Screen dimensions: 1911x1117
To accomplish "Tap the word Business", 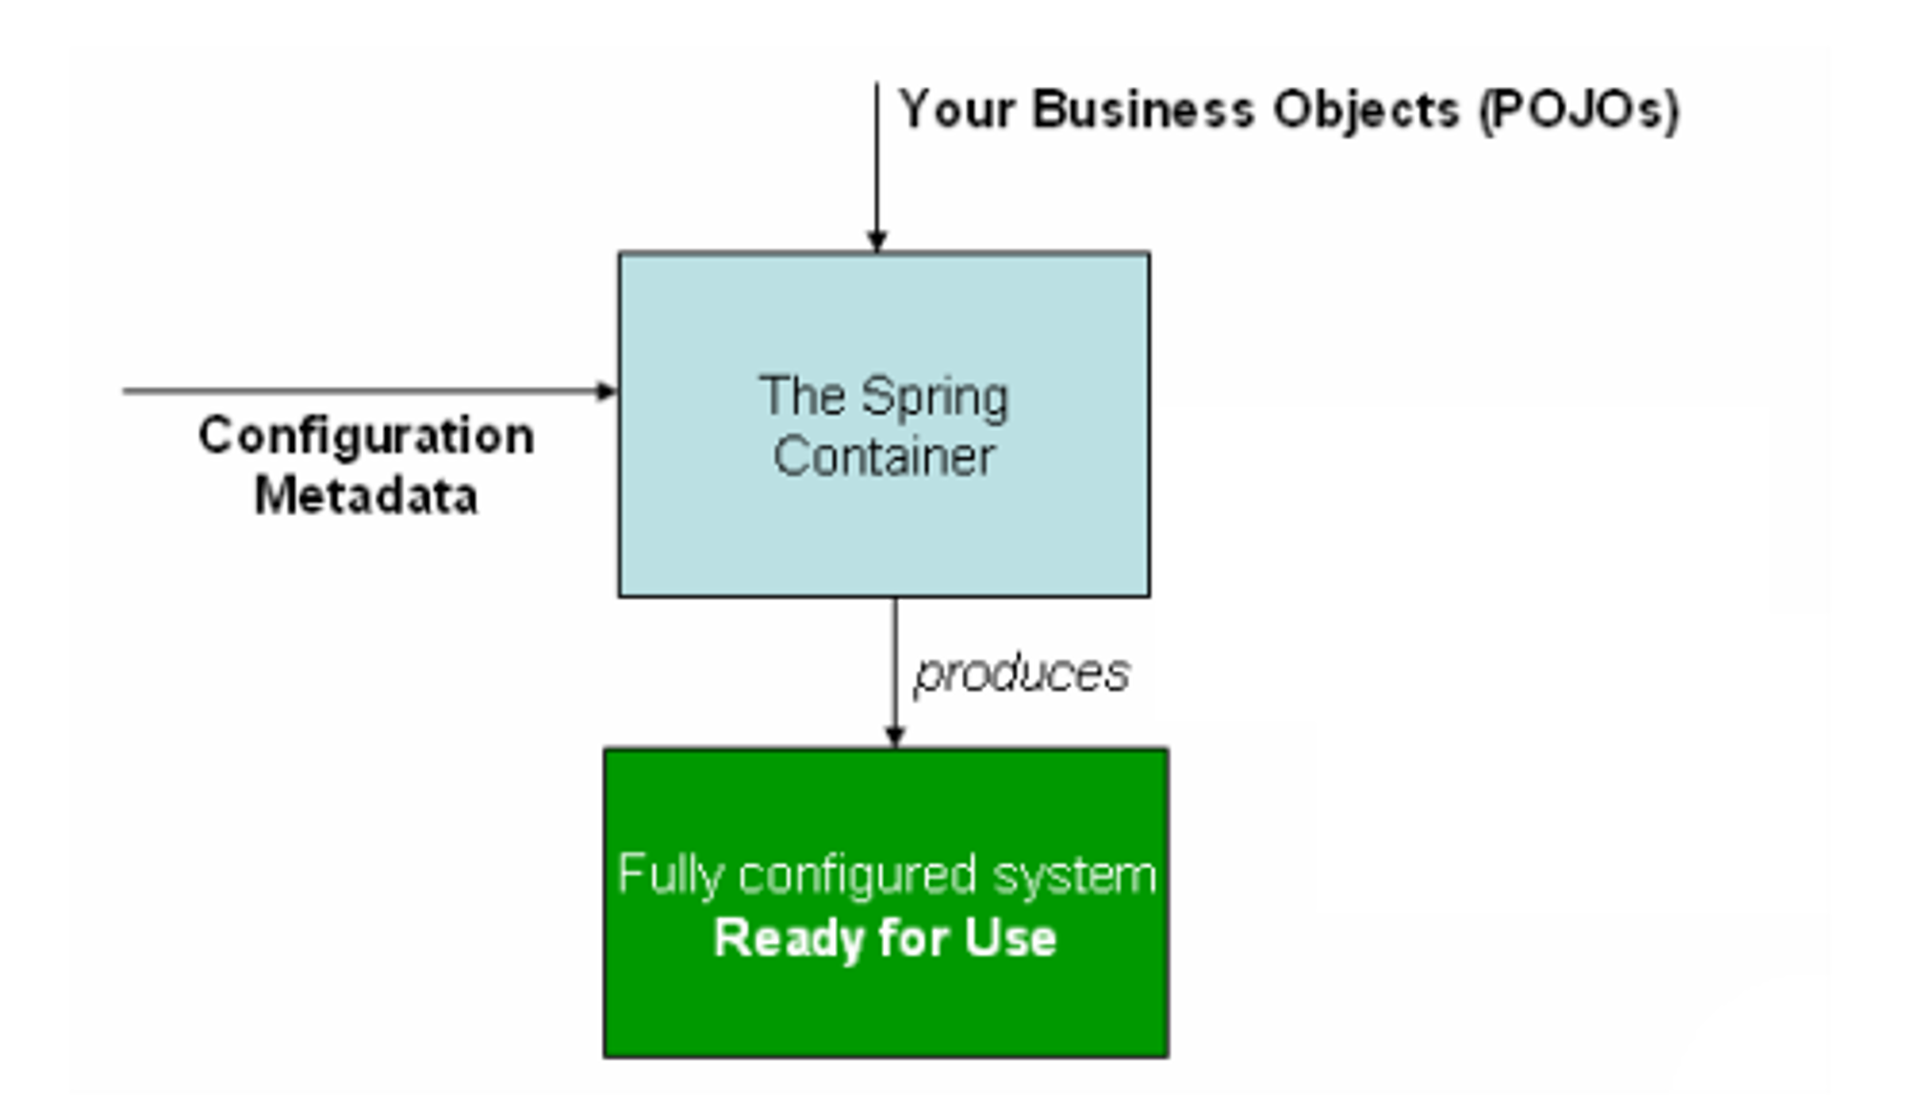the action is click(x=1143, y=109).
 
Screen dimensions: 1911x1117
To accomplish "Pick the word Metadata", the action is click(x=366, y=496).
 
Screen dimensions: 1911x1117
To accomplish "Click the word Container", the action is click(x=884, y=457).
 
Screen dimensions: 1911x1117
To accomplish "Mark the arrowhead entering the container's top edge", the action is click(x=877, y=241).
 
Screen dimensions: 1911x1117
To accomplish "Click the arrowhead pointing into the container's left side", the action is click(x=607, y=391).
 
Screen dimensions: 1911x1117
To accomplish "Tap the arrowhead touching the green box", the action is click(x=894, y=737).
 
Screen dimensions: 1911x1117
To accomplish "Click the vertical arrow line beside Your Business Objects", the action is click(x=877, y=167).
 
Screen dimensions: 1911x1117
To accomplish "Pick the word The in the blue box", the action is click(x=803, y=396).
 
